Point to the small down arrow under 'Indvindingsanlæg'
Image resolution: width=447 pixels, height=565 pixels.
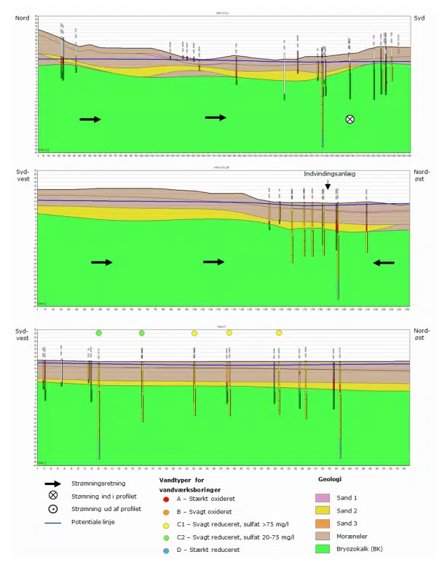tap(328, 186)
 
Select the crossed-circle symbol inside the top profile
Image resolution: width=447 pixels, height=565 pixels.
tap(350, 119)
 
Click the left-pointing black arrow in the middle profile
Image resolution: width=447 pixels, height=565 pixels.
tap(384, 263)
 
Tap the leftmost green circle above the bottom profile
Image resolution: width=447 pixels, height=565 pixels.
tap(99, 333)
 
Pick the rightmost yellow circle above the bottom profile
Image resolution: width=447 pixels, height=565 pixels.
tap(279, 333)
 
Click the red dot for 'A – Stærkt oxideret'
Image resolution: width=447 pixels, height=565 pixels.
tap(167, 499)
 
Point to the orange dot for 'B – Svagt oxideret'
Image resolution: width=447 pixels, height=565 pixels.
tap(167, 513)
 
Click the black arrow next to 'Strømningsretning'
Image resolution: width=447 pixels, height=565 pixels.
tap(53, 483)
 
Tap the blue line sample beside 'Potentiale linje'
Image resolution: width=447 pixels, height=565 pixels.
tap(53, 522)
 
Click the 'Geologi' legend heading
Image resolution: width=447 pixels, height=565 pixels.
tap(331, 480)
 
